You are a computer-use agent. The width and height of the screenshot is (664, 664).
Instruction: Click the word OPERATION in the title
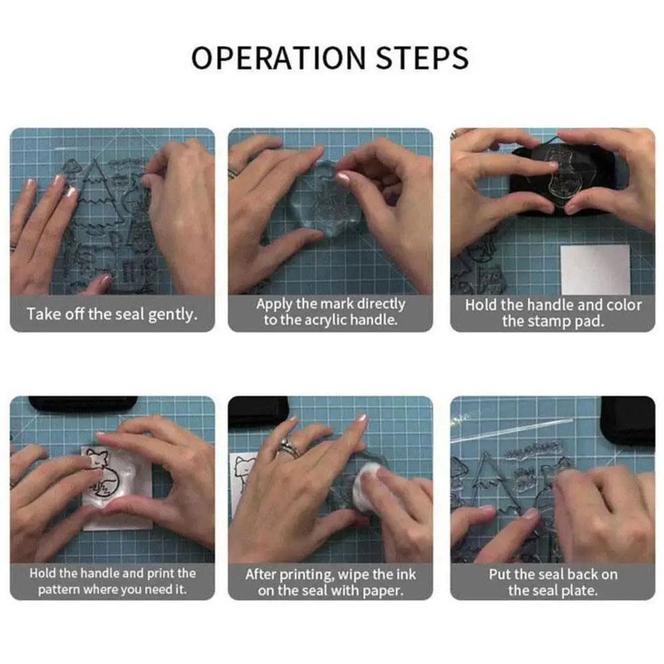(x=278, y=58)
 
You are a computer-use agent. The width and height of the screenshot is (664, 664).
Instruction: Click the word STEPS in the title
(x=422, y=58)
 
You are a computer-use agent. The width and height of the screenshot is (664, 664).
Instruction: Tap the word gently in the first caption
(x=172, y=314)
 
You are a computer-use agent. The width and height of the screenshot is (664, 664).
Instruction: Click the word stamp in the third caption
(x=551, y=322)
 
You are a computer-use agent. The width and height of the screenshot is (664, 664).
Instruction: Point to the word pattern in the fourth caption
(x=59, y=590)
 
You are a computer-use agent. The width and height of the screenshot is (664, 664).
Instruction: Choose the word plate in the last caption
(x=579, y=590)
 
